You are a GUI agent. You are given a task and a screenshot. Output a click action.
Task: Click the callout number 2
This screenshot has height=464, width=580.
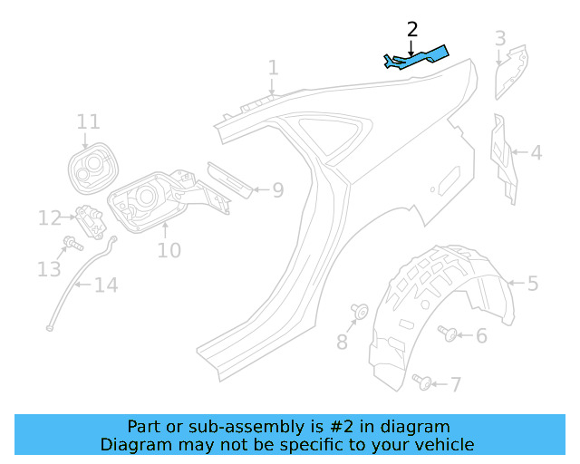click(x=412, y=29)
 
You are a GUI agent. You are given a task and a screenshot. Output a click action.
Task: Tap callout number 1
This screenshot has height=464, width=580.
click(x=273, y=68)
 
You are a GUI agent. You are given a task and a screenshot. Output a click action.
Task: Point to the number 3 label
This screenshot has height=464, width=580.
click(x=500, y=38)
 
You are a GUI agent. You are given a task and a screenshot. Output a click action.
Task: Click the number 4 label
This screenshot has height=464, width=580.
click(x=536, y=153)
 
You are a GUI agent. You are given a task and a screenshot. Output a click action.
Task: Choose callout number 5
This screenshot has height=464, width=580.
click(x=533, y=284)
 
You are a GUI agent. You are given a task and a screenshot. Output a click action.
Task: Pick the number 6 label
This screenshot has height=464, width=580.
click(x=481, y=336)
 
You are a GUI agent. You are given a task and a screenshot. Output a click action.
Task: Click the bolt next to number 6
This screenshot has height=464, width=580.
click(x=448, y=333)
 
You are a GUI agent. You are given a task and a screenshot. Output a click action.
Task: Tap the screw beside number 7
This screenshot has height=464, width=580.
click(x=421, y=380)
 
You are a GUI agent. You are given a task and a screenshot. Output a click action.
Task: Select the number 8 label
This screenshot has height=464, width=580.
click(x=342, y=342)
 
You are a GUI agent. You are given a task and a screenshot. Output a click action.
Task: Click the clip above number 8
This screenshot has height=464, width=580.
click(x=359, y=313)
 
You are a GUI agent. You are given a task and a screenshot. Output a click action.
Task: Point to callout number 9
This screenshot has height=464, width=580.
click(x=278, y=190)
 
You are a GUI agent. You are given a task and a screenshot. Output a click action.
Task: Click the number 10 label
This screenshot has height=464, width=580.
click(x=169, y=249)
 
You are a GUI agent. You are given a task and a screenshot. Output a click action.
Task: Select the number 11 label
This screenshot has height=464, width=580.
click(x=88, y=122)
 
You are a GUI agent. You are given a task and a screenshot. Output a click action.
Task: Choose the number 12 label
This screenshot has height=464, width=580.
click(x=49, y=217)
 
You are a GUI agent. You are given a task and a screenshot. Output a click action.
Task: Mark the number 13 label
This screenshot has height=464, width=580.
click(x=49, y=269)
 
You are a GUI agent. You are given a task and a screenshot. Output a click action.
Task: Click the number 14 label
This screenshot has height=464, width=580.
click(x=106, y=286)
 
